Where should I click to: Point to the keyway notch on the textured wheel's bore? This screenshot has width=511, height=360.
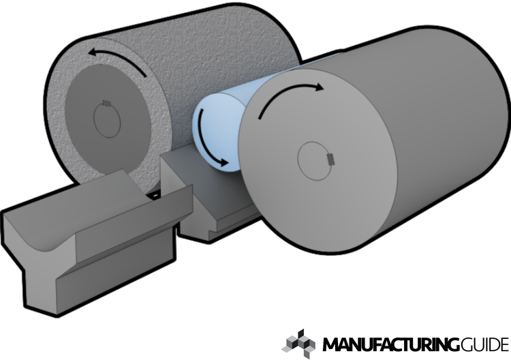pos(107,103)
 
